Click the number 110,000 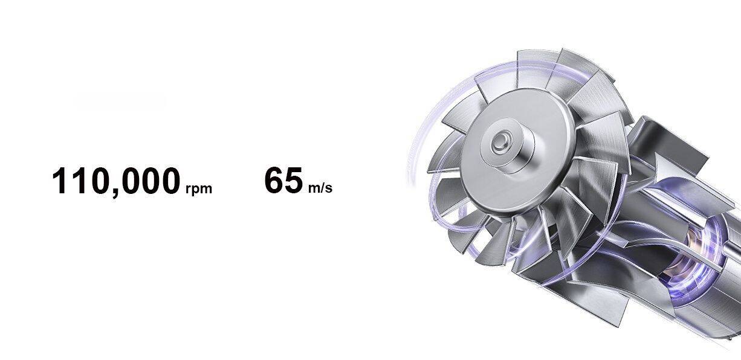[115, 181]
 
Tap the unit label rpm [199, 189]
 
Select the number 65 [283, 181]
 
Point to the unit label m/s [320, 188]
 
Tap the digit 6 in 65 [274, 181]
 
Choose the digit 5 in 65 [293, 181]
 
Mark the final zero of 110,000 [170, 181]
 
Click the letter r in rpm [188, 188]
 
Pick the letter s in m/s [329, 188]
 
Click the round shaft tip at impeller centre [500, 143]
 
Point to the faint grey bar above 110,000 [119, 102]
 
